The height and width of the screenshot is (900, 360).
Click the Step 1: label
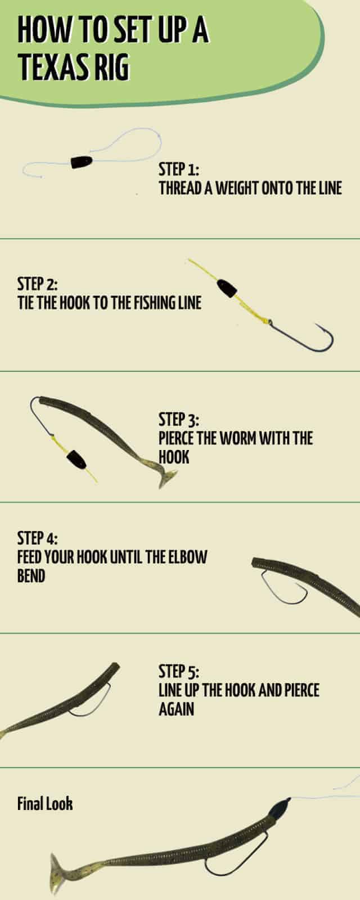(x=179, y=169)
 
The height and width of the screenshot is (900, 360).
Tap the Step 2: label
(x=37, y=283)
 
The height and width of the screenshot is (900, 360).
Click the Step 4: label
(x=37, y=538)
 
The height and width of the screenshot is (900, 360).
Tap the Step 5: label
(x=179, y=671)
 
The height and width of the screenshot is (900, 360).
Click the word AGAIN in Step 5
(x=176, y=709)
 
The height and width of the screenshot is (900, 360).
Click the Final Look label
(x=45, y=804)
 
